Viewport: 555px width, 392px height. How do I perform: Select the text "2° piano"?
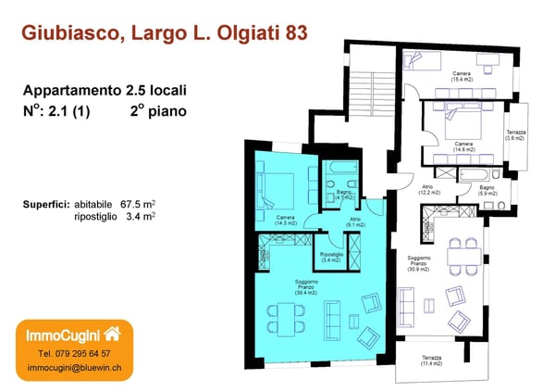158,110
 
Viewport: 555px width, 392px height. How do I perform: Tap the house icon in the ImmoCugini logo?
113,333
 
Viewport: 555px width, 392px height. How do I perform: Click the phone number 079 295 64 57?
74,353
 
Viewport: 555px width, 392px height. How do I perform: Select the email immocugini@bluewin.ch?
74,368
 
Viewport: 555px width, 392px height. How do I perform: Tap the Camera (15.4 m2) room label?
462,77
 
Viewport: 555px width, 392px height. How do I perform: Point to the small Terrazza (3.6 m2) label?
516,135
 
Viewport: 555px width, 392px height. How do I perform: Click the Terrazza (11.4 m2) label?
432,360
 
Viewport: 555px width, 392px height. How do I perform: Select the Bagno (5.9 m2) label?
487,191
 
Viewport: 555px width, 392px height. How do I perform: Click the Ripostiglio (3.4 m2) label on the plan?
331,257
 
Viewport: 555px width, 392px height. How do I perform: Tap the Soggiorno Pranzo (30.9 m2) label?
420,263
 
